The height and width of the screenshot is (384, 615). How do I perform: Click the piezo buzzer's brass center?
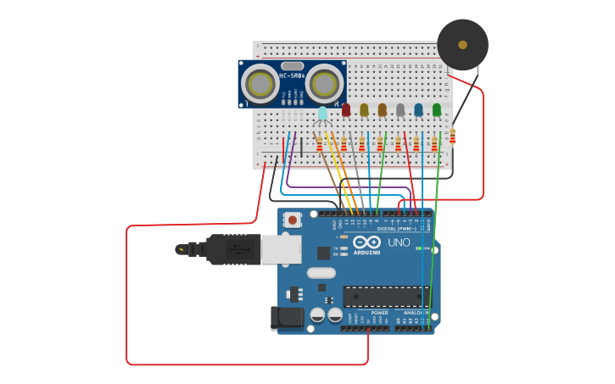462,44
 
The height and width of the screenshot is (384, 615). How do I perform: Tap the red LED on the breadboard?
346,109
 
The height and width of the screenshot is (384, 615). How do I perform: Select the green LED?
437,109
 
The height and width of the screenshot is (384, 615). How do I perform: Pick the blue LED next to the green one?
418,109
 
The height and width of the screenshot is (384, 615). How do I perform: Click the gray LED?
400,109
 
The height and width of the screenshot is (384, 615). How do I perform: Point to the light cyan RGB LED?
322,112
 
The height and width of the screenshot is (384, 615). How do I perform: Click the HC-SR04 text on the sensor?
292,76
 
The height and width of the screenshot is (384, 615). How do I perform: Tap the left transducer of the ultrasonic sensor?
260,83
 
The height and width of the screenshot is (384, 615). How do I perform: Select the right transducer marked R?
324,83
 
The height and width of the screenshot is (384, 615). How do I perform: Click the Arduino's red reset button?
293,220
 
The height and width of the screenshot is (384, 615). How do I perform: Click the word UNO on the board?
399,242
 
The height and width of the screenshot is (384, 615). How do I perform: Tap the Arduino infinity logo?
366,242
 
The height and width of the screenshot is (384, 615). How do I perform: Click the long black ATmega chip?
386,297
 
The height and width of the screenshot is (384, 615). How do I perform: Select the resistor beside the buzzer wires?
453,136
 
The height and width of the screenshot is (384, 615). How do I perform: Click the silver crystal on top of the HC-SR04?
292,65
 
